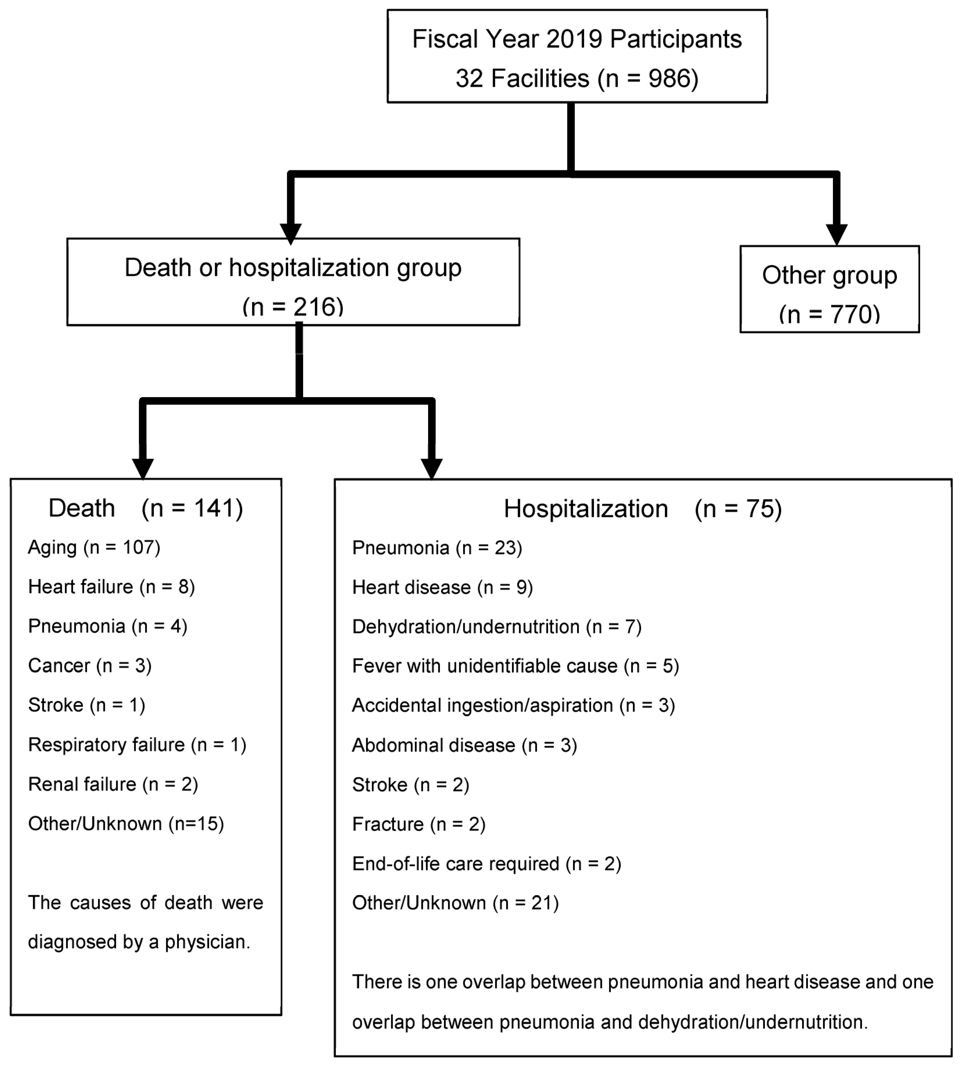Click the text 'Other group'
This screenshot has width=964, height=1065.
pos(829,275)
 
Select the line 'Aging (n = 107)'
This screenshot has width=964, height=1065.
pos(94,547)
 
